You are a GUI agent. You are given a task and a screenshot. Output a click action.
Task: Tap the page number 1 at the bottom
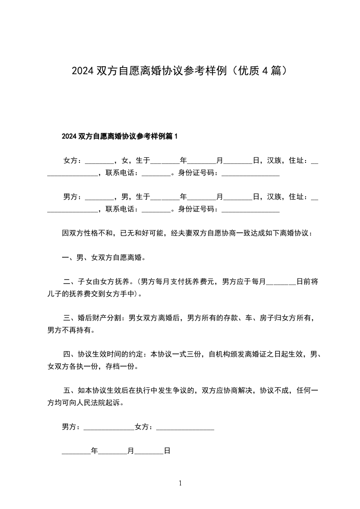point(180,483)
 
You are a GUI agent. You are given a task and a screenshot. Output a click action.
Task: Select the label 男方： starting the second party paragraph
point(73,196)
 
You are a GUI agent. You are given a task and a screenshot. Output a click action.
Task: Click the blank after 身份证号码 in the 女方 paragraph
point(250,173)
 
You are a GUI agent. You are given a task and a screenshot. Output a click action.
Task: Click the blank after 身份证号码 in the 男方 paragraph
point(250,210)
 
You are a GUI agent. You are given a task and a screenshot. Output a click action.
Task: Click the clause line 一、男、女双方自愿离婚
point(104,258)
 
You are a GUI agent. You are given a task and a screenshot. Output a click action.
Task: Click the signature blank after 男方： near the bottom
point(109,427)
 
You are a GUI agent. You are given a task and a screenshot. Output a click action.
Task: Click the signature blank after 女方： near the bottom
point(185,427)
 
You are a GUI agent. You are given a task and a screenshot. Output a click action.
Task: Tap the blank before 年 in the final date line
point(76,452)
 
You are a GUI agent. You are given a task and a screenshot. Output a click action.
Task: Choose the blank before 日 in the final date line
point(149,452)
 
